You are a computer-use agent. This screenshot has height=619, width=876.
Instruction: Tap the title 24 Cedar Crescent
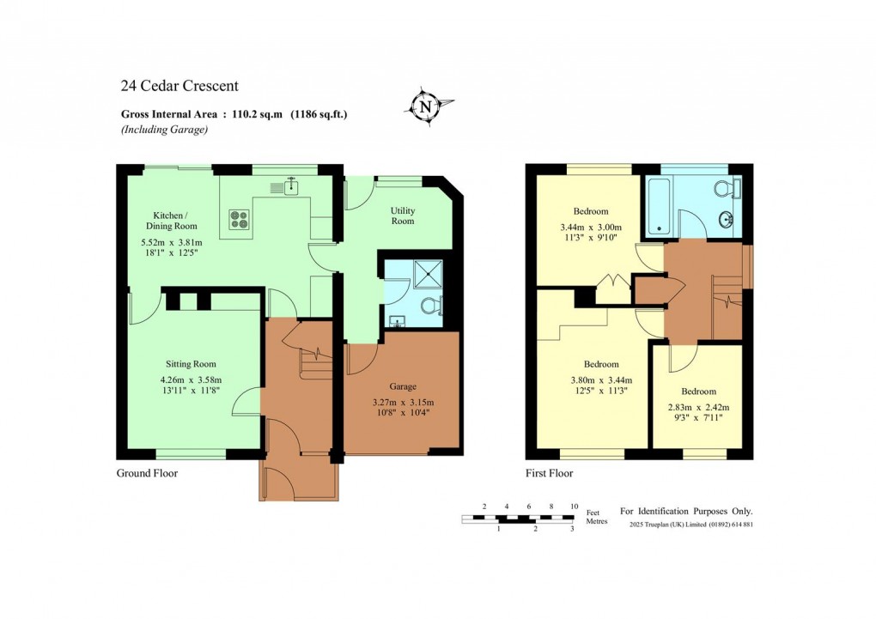tap(179, 86)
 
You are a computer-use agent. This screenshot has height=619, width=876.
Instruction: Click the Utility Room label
tap(403, 215)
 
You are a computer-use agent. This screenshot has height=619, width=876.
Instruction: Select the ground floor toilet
tap(430, 305)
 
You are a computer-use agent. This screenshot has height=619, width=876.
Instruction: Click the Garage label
tap(402, 387)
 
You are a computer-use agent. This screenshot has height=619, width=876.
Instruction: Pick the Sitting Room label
tap(191, 364)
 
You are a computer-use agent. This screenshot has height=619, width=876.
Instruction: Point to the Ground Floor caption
tap(147, 473)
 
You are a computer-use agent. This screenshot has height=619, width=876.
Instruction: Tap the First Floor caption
tap(549, 473)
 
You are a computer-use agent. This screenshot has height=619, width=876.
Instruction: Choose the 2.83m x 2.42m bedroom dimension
tap(700, 408)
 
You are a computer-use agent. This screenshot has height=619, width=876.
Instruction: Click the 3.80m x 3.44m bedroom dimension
tap(601, 380)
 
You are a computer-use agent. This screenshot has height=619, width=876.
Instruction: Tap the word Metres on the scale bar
tap(597, 521)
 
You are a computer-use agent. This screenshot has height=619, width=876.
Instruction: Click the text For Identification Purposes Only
tap(686, 511)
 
